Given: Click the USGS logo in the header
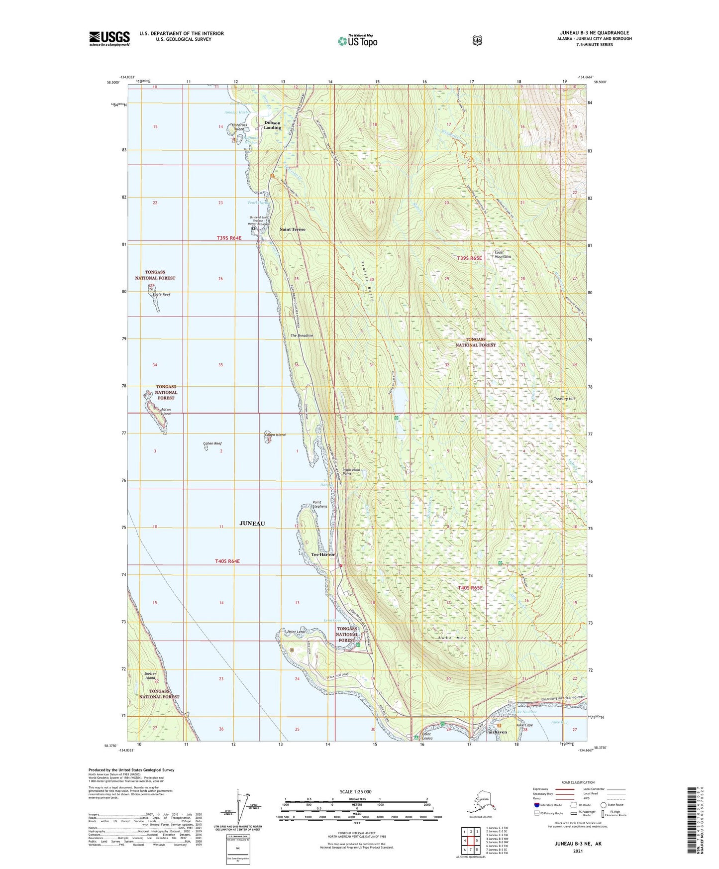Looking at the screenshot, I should [109, 38].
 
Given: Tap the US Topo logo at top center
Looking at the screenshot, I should [358, 41].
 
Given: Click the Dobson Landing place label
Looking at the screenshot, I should [272, 125].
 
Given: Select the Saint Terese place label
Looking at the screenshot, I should [292, 229].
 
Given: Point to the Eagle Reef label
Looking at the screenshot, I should [161, 295].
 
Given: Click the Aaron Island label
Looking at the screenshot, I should [166, 412].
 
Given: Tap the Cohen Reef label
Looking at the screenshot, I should [212, 443].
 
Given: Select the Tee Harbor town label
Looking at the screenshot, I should [323, 554].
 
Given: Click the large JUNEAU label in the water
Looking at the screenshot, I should [252, 523].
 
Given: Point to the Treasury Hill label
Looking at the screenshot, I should [564, 399].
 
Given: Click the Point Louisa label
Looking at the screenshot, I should [426, 736].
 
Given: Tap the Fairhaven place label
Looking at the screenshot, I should [496, 732].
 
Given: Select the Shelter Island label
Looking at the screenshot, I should [150, 676].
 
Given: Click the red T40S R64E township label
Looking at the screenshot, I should [227, 561].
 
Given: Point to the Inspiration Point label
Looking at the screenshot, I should [351, 471].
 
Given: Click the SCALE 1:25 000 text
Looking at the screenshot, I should [356, 791].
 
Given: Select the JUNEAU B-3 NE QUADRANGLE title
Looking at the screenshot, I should [594, 33].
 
